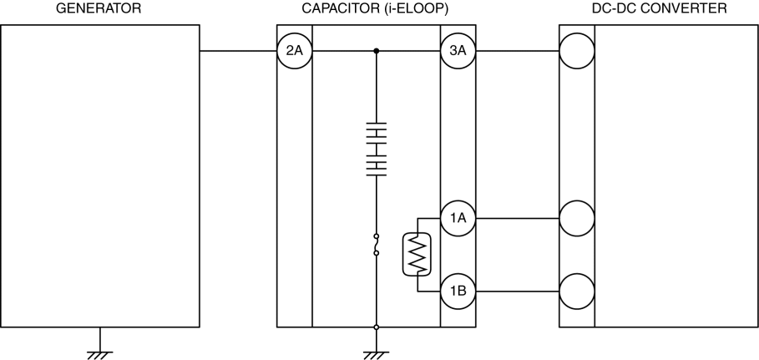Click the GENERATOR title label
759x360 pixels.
99,8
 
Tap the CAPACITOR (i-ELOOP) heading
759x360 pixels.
377,8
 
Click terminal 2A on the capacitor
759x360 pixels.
294,52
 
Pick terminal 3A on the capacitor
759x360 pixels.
458,52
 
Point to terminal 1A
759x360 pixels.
458,219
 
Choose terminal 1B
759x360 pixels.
458,292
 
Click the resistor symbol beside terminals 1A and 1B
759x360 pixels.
416,255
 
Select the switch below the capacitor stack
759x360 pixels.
377,244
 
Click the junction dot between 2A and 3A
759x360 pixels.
377,52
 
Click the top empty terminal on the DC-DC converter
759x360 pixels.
577,52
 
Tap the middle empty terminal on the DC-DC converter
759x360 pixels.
577,219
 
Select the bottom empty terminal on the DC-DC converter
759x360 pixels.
577,292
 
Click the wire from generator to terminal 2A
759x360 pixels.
238,52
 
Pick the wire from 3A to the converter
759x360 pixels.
517,52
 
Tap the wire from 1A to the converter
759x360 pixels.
517,219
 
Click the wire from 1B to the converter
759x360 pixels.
517,292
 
